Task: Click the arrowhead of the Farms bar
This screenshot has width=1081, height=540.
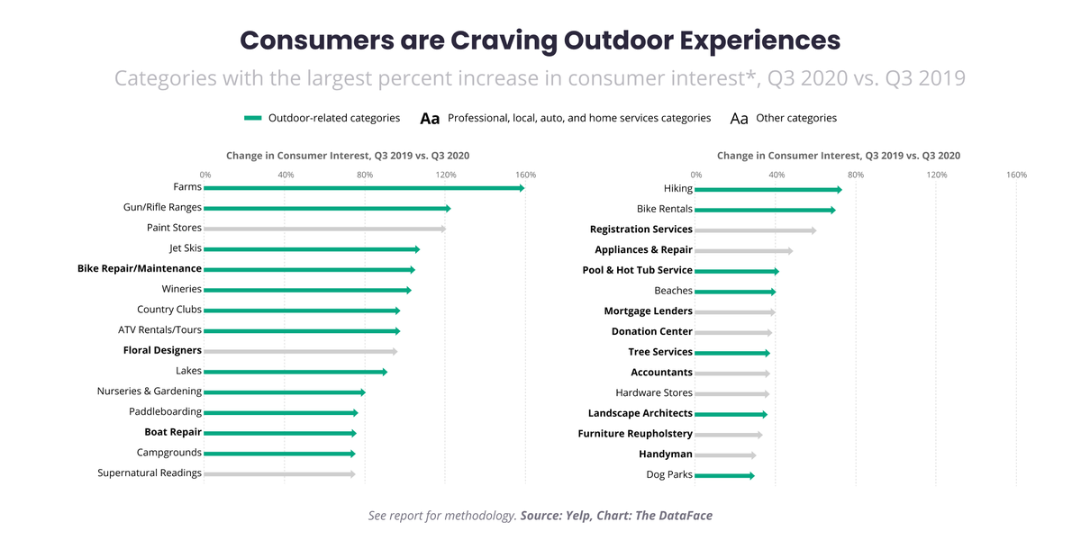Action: point(522,188)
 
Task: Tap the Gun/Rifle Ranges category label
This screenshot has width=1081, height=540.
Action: point(162,207)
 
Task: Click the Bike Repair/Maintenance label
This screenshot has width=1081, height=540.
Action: point(140,268)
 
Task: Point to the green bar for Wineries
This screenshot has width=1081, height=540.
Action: point(307,290)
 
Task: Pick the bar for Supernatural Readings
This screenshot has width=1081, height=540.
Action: point(279,474)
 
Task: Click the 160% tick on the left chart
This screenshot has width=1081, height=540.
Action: point(525,175)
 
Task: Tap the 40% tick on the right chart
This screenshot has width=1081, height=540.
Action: point(777,175)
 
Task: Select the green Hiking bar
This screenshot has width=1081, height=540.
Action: point(768,190)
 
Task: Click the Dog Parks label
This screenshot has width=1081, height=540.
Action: point(669,474)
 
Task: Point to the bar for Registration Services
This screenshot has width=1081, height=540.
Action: point(756,230)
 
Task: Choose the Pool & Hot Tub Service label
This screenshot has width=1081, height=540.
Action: point(638,270)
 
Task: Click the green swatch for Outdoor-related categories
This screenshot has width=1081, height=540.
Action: point(253,118)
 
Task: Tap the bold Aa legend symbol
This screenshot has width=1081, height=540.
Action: point(430,119)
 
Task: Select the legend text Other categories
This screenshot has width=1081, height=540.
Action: point(796,118)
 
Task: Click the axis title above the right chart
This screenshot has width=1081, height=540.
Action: point(839,156)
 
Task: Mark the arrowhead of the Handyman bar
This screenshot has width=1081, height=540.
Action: point(754,455)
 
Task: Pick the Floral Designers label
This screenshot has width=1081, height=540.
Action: point(162,350)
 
